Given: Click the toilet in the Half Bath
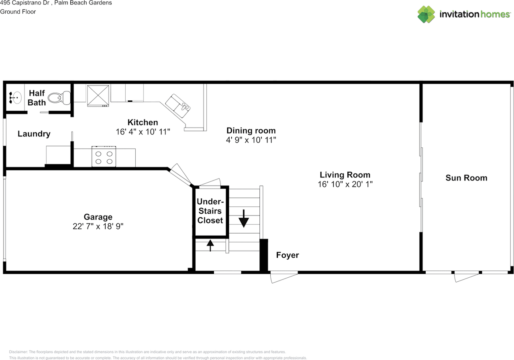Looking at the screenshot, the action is click(x=59, y=98).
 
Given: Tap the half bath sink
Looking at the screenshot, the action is click(x=15, y=98).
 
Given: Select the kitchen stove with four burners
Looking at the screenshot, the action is click(x=104, y=157).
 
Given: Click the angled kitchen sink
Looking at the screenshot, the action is click(x=178, y=106).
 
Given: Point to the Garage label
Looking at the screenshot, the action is click(x=98, y=217).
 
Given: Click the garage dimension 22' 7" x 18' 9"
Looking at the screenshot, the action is click(x=98, y=226).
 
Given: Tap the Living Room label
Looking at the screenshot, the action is click(x=345, y=175).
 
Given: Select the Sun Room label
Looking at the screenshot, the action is click(x=466, y=178).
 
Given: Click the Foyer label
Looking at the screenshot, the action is click(x=288, y=255).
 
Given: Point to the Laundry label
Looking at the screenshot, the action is click(x=34, y=134).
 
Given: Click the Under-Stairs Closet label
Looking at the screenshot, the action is click(x=210, y=211).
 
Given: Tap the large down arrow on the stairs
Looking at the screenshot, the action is click(x=244, y=218).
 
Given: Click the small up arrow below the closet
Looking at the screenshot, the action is click(x=210, y=245).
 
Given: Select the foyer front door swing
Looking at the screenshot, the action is click(x=284, y=277).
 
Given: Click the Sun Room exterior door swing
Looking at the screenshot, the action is click(x=467, y=277).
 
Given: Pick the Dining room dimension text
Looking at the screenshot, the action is click(x=251, y=140).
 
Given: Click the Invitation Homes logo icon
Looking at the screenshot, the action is click(x=426, y=14).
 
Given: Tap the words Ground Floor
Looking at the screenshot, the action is click(x=18, y=12).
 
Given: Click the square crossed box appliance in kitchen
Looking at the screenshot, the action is click(x=98, y=96).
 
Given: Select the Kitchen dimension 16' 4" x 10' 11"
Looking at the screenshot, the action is click(x=143, y=132).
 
